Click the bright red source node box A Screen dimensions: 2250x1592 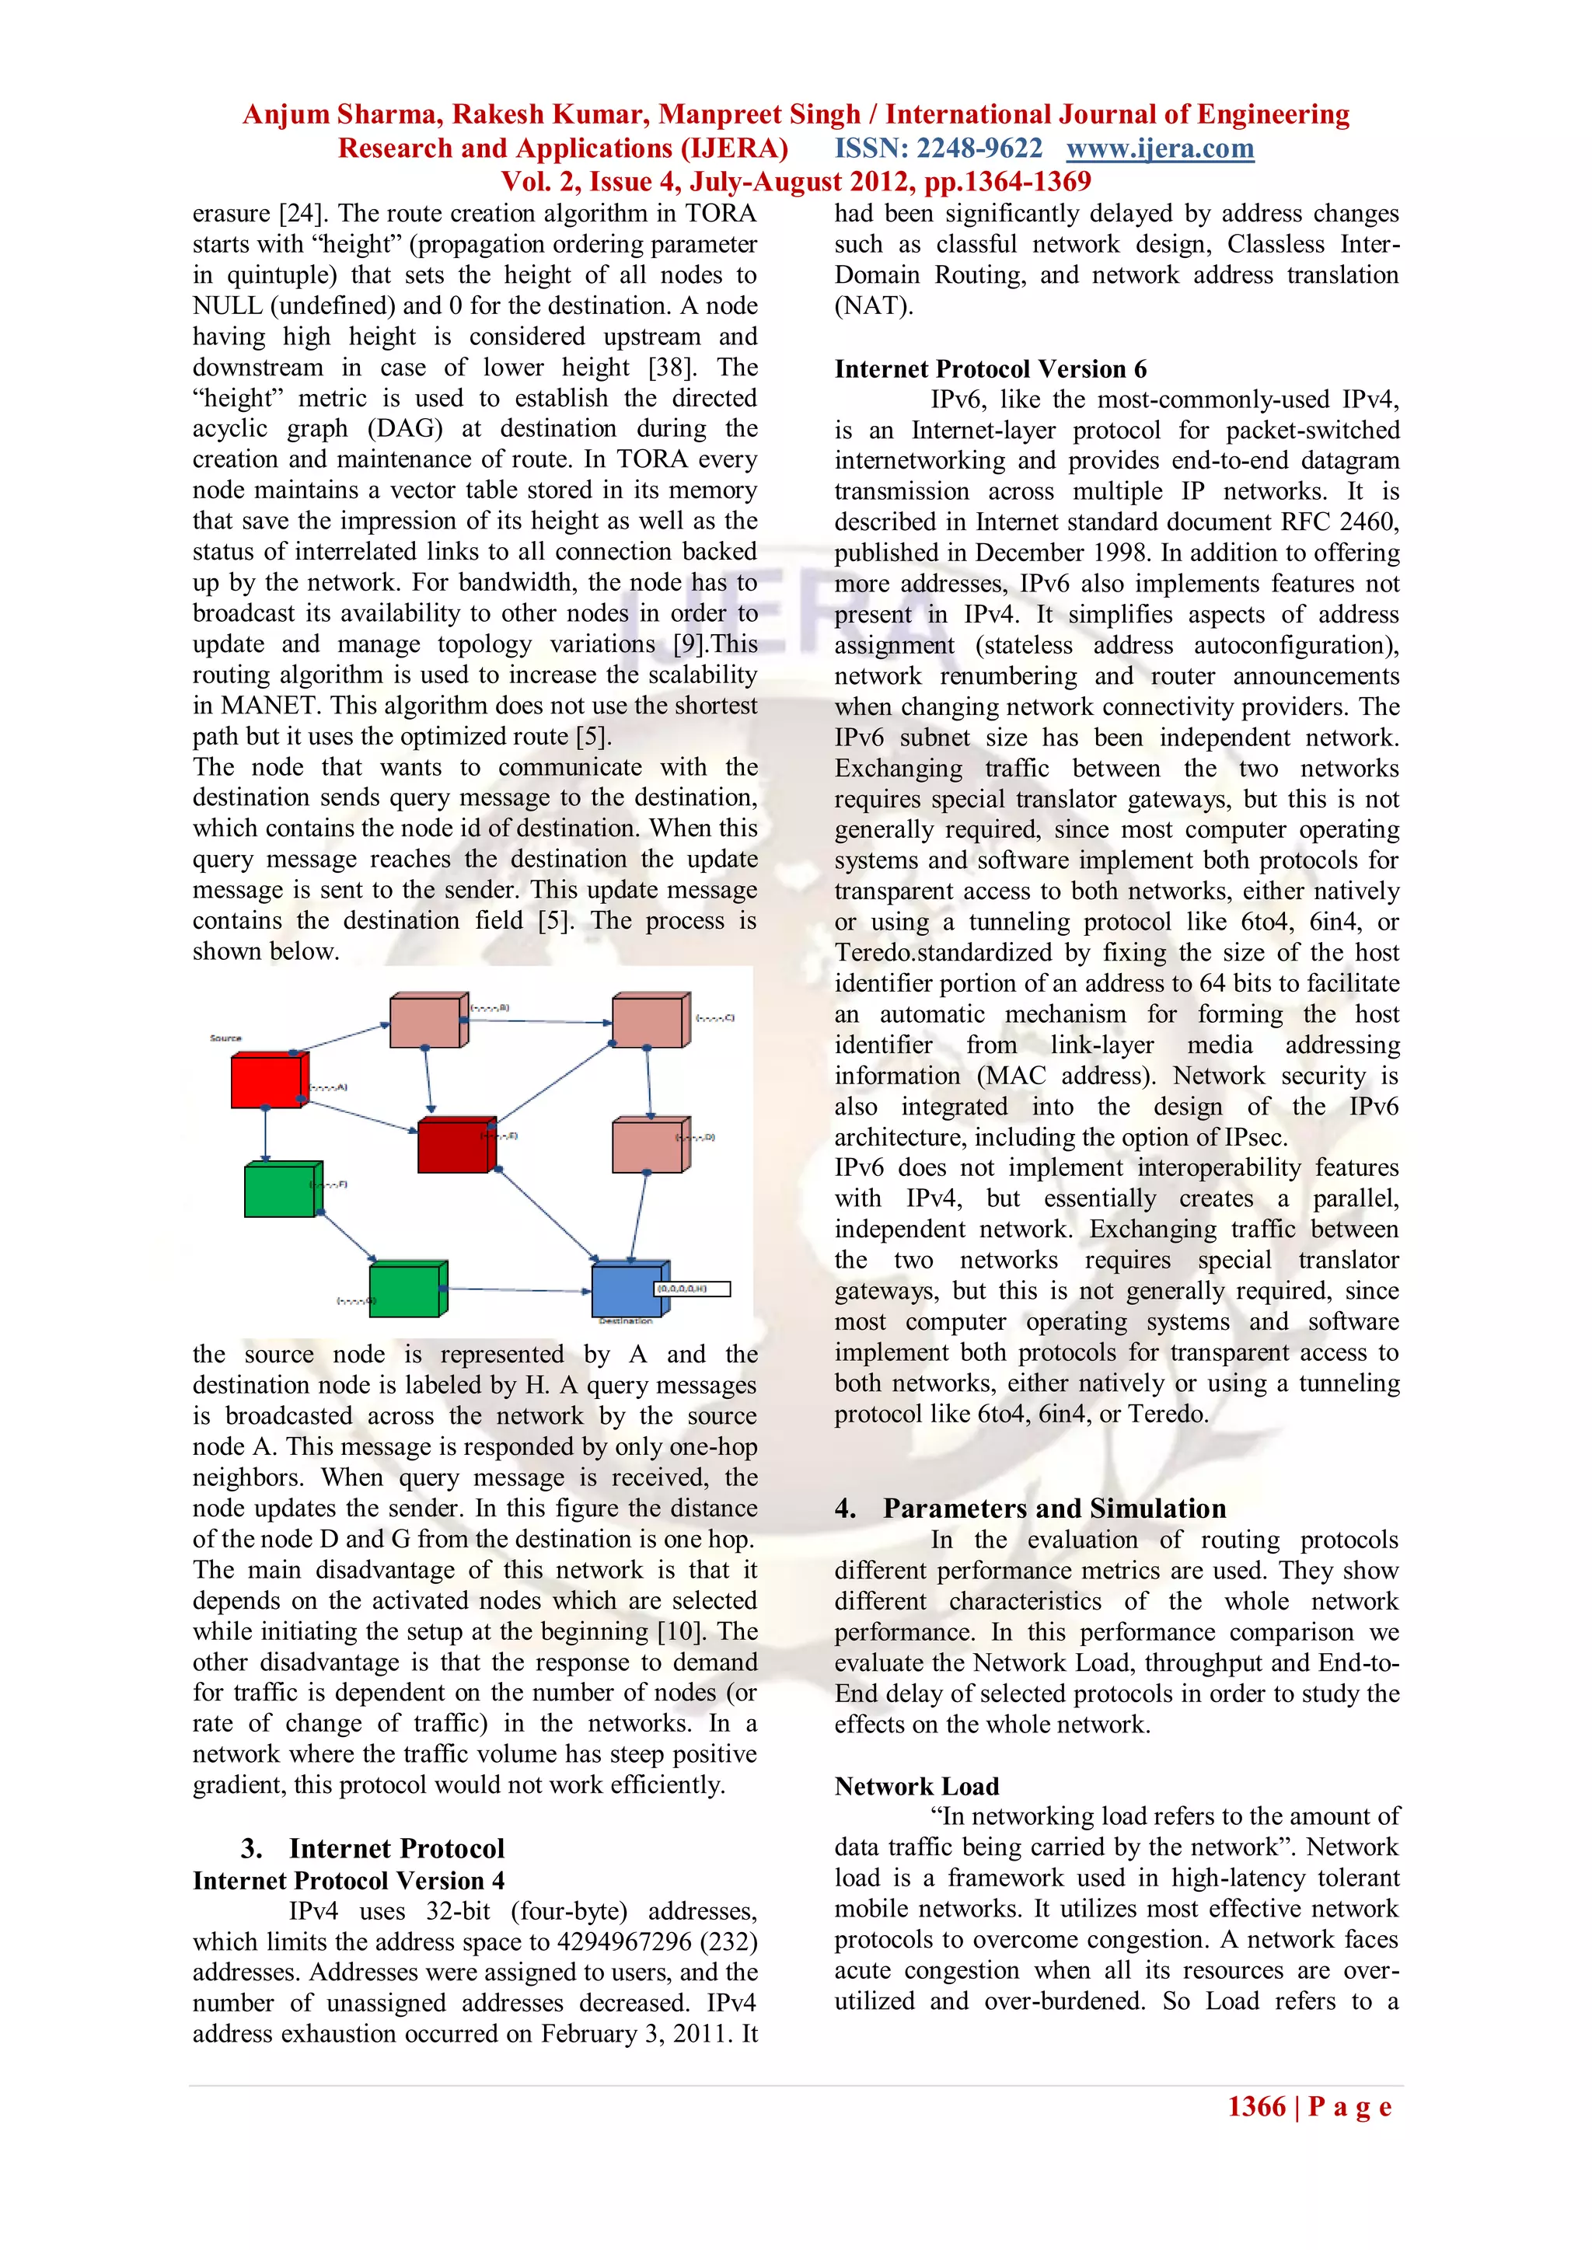point(266,1081)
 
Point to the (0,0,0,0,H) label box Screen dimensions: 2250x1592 point(692,1289)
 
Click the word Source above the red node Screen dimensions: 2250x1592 point(225,1038)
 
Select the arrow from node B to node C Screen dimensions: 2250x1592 point(539,1022)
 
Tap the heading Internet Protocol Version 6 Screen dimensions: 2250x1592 point(990,368)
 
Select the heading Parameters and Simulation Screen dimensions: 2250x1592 point(1054,1509)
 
